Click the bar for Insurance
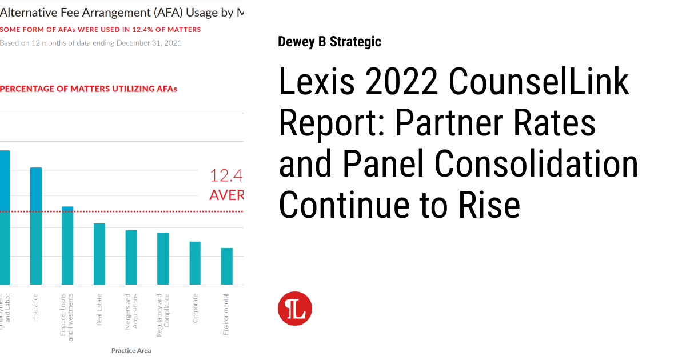click(36, 226)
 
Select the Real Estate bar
click(99, 254)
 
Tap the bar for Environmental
click(227, 266)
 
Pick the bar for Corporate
click(195, 263)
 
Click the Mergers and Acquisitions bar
click(131, 257)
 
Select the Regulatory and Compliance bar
click(163, 258)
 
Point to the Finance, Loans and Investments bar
click(67, 245)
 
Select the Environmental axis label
click(226, 314)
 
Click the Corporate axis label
click(195, 309)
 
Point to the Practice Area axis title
click(131, 350)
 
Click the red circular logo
click(295, 309)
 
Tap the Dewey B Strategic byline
click(329, 42)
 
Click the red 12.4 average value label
click(226, 175)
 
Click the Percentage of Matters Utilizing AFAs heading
click(89, 89)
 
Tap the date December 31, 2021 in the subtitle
click(149, 43)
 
